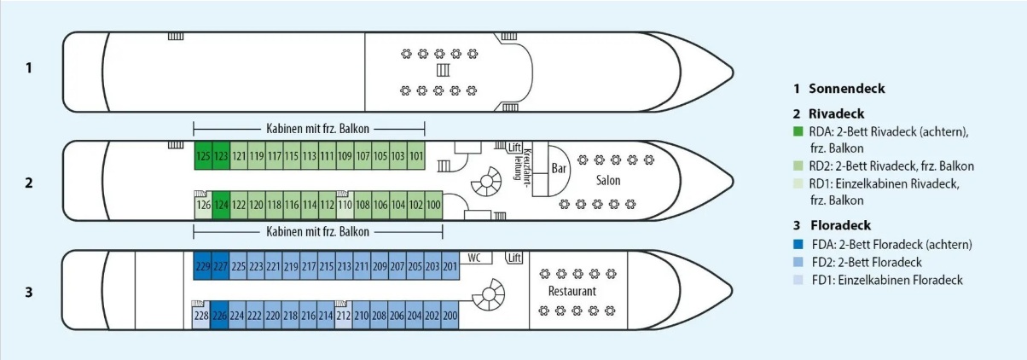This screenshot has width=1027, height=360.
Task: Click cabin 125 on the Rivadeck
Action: pyautogui.click(x=203, y=156)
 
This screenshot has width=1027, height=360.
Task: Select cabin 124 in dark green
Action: pyautogui.click(x=221, y=206)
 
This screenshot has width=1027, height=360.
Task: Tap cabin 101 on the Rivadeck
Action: pyautogui.click(x=416, y=156)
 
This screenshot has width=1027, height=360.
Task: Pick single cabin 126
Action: pyautogui.click(x=203, y=206)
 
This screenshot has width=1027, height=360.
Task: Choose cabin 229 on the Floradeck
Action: pyautogui.click(x=203, y=267)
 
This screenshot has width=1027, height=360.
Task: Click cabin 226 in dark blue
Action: pyautogui.click(x=220, y=316)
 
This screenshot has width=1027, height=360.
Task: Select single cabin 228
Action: pyautogui.click(x=201, y=316)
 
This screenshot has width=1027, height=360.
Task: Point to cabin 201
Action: pyautogui.click(x=450, y=267)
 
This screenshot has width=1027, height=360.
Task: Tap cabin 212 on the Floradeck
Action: pyautogui.click(x=344, y=316)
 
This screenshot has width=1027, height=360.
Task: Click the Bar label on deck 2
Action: pyautogui.click(x=560, y=168)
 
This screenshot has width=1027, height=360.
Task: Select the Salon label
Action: pyautogui.click(x=608, y=181)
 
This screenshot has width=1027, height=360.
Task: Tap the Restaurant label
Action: pyautogui.click(x=572, y=291)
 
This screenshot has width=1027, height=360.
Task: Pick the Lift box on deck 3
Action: pyautogui.click(x=513, y=258)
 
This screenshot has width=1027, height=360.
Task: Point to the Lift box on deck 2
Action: pyautogui.click(x=513, y=148)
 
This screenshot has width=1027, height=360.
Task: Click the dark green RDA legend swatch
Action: pyautogui.click(x=798, y=131)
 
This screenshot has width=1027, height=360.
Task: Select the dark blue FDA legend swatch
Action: pyautogui.click(x=798, y=245)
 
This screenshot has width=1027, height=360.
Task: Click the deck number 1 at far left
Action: pyautogui.click(x=29, y=67)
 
